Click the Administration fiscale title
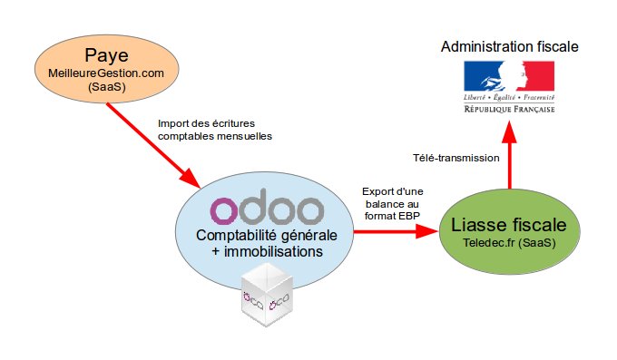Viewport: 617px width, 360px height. (509, 45)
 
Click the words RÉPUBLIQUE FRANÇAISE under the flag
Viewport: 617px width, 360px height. (509, 108)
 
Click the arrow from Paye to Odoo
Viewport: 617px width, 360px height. (152, 141)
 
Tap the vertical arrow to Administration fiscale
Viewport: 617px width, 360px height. (510, 154)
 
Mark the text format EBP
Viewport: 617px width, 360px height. (393, 218)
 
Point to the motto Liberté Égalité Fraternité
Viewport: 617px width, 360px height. (509, 95)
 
